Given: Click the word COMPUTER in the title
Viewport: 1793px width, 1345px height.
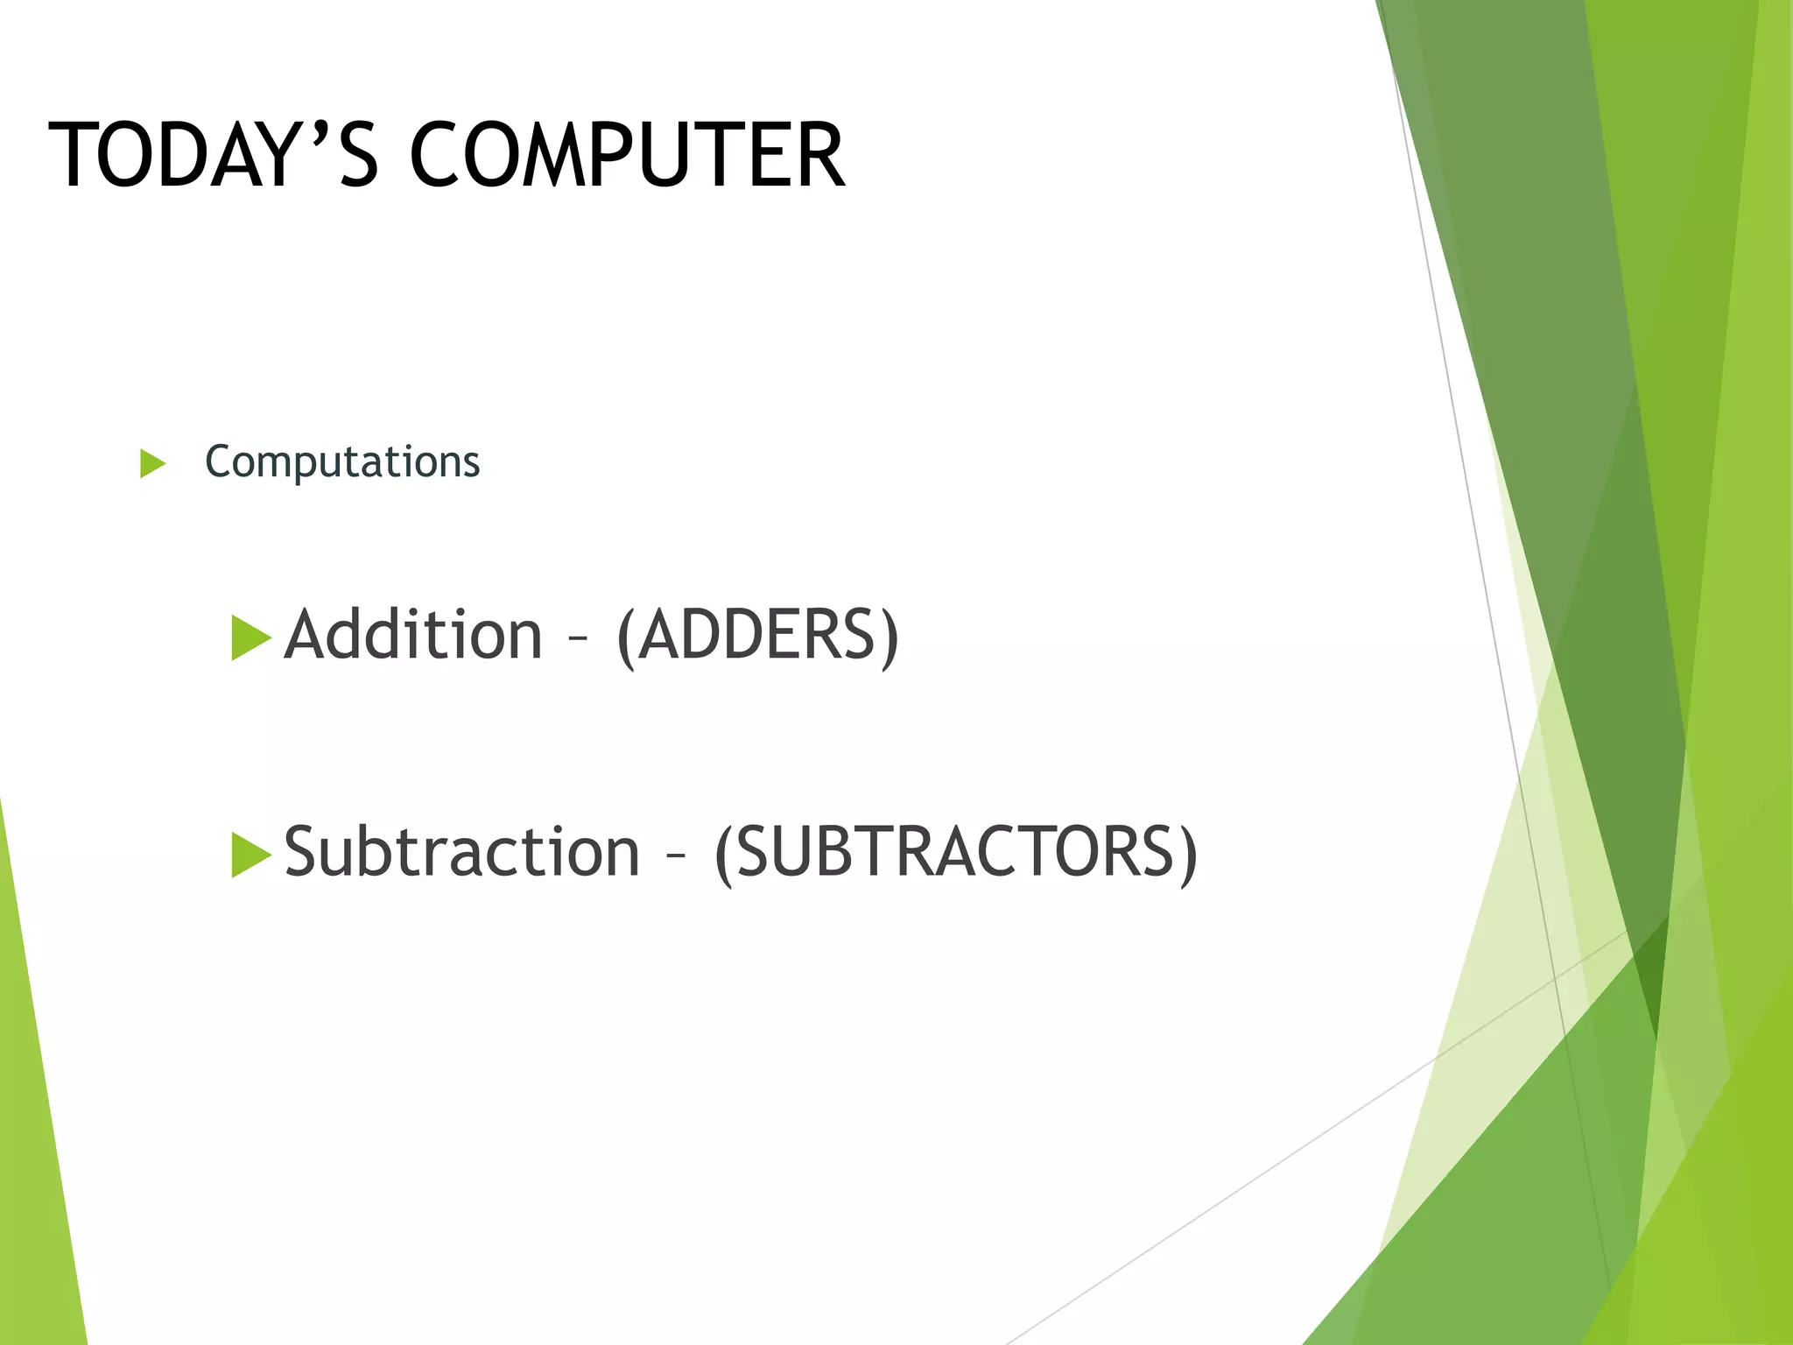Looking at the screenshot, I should coord(627,156).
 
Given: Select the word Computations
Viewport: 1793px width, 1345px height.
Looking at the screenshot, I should coord(342,462).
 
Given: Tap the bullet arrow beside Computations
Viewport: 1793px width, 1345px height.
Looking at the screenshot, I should coord(152,463).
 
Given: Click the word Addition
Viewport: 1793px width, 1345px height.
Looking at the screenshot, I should coord(413,635).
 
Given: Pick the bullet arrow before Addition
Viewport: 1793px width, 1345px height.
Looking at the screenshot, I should coord(250,637).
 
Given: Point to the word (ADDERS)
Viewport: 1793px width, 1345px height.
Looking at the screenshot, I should coord(757,635).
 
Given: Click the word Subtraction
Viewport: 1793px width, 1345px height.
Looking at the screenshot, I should coord(462,852).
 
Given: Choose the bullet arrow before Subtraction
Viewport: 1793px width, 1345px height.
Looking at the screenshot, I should coord(250,855).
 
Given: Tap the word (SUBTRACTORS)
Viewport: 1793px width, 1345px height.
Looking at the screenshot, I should coord(956,852).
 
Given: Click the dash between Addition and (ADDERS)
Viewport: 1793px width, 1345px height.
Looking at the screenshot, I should coord(578,639).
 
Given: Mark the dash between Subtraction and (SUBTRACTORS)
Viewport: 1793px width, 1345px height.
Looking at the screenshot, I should coord(676,856).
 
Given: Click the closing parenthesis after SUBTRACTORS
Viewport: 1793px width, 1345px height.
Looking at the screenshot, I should coord(1188,854).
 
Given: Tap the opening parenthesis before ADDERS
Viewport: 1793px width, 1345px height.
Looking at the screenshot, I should coord(625,637).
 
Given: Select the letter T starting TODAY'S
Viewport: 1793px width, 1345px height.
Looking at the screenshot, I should coord(74,156).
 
